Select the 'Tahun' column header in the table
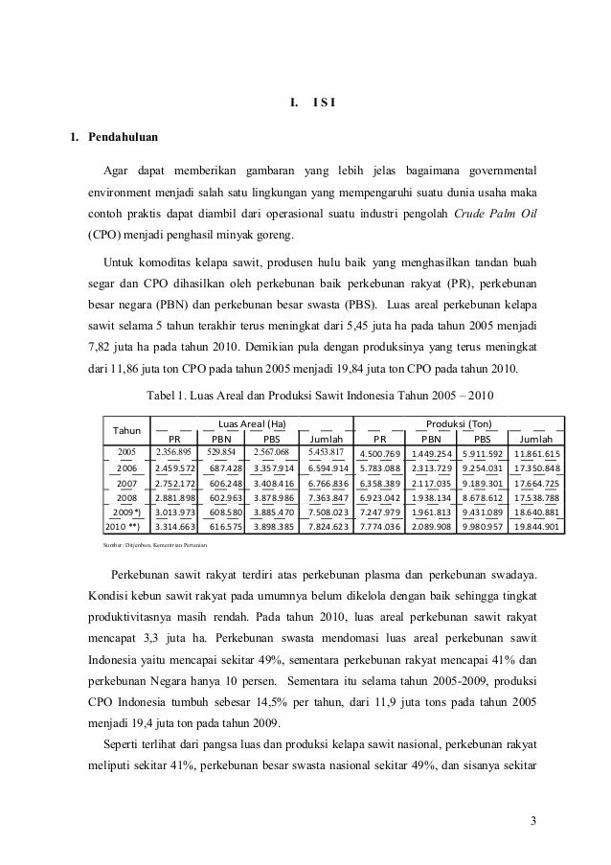point(127,431)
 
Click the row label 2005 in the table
point(127,451)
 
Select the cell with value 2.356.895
point(174,451)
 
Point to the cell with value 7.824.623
point(328,527)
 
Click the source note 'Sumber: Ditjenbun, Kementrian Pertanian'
point(158,545)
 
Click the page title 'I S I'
point(319,103)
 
